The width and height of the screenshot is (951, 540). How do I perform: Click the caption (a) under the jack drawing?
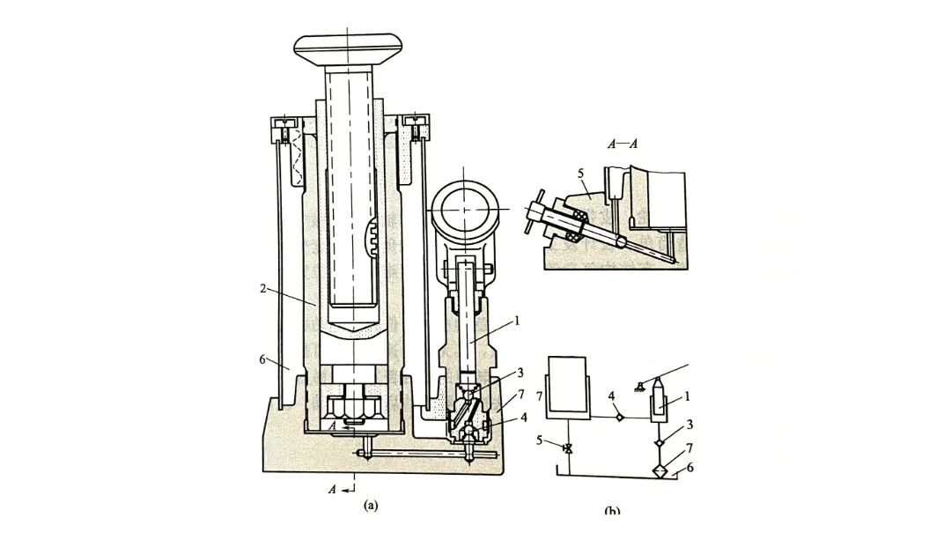[x=371, y=505]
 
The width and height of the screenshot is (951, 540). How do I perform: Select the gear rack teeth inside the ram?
[x=373, y=238]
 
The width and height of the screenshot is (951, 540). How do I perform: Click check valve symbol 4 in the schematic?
[x=621, y=416]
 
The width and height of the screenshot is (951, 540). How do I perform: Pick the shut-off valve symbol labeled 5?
[x=568, y=450]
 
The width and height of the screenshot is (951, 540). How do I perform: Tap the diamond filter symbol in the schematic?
[x=661, y=470]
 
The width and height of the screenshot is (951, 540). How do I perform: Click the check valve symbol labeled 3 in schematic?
[x=660, y=439]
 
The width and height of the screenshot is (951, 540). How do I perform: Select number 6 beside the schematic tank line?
[x=690, y=468]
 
